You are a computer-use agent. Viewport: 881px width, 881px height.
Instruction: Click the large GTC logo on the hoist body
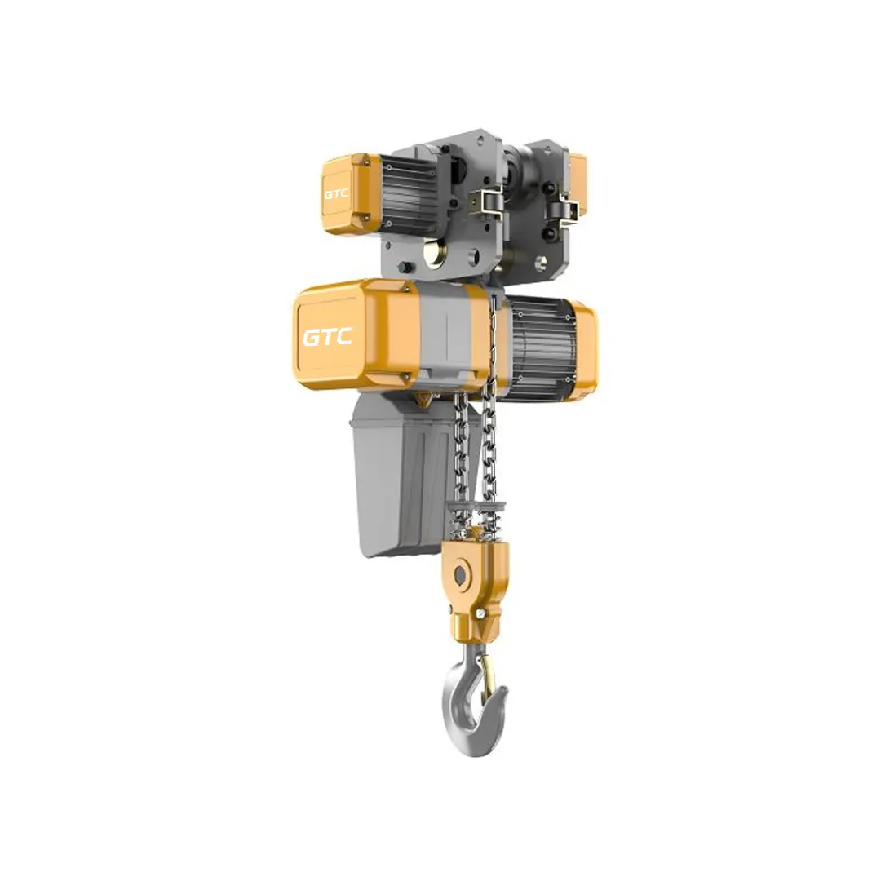[x=328, y=337]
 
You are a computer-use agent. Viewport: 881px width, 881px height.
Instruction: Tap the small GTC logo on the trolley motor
[x=336, y=194]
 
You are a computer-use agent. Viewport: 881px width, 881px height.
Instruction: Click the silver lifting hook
[x=473, y=700]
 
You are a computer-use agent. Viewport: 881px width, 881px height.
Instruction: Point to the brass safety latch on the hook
[x=487, y=675]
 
